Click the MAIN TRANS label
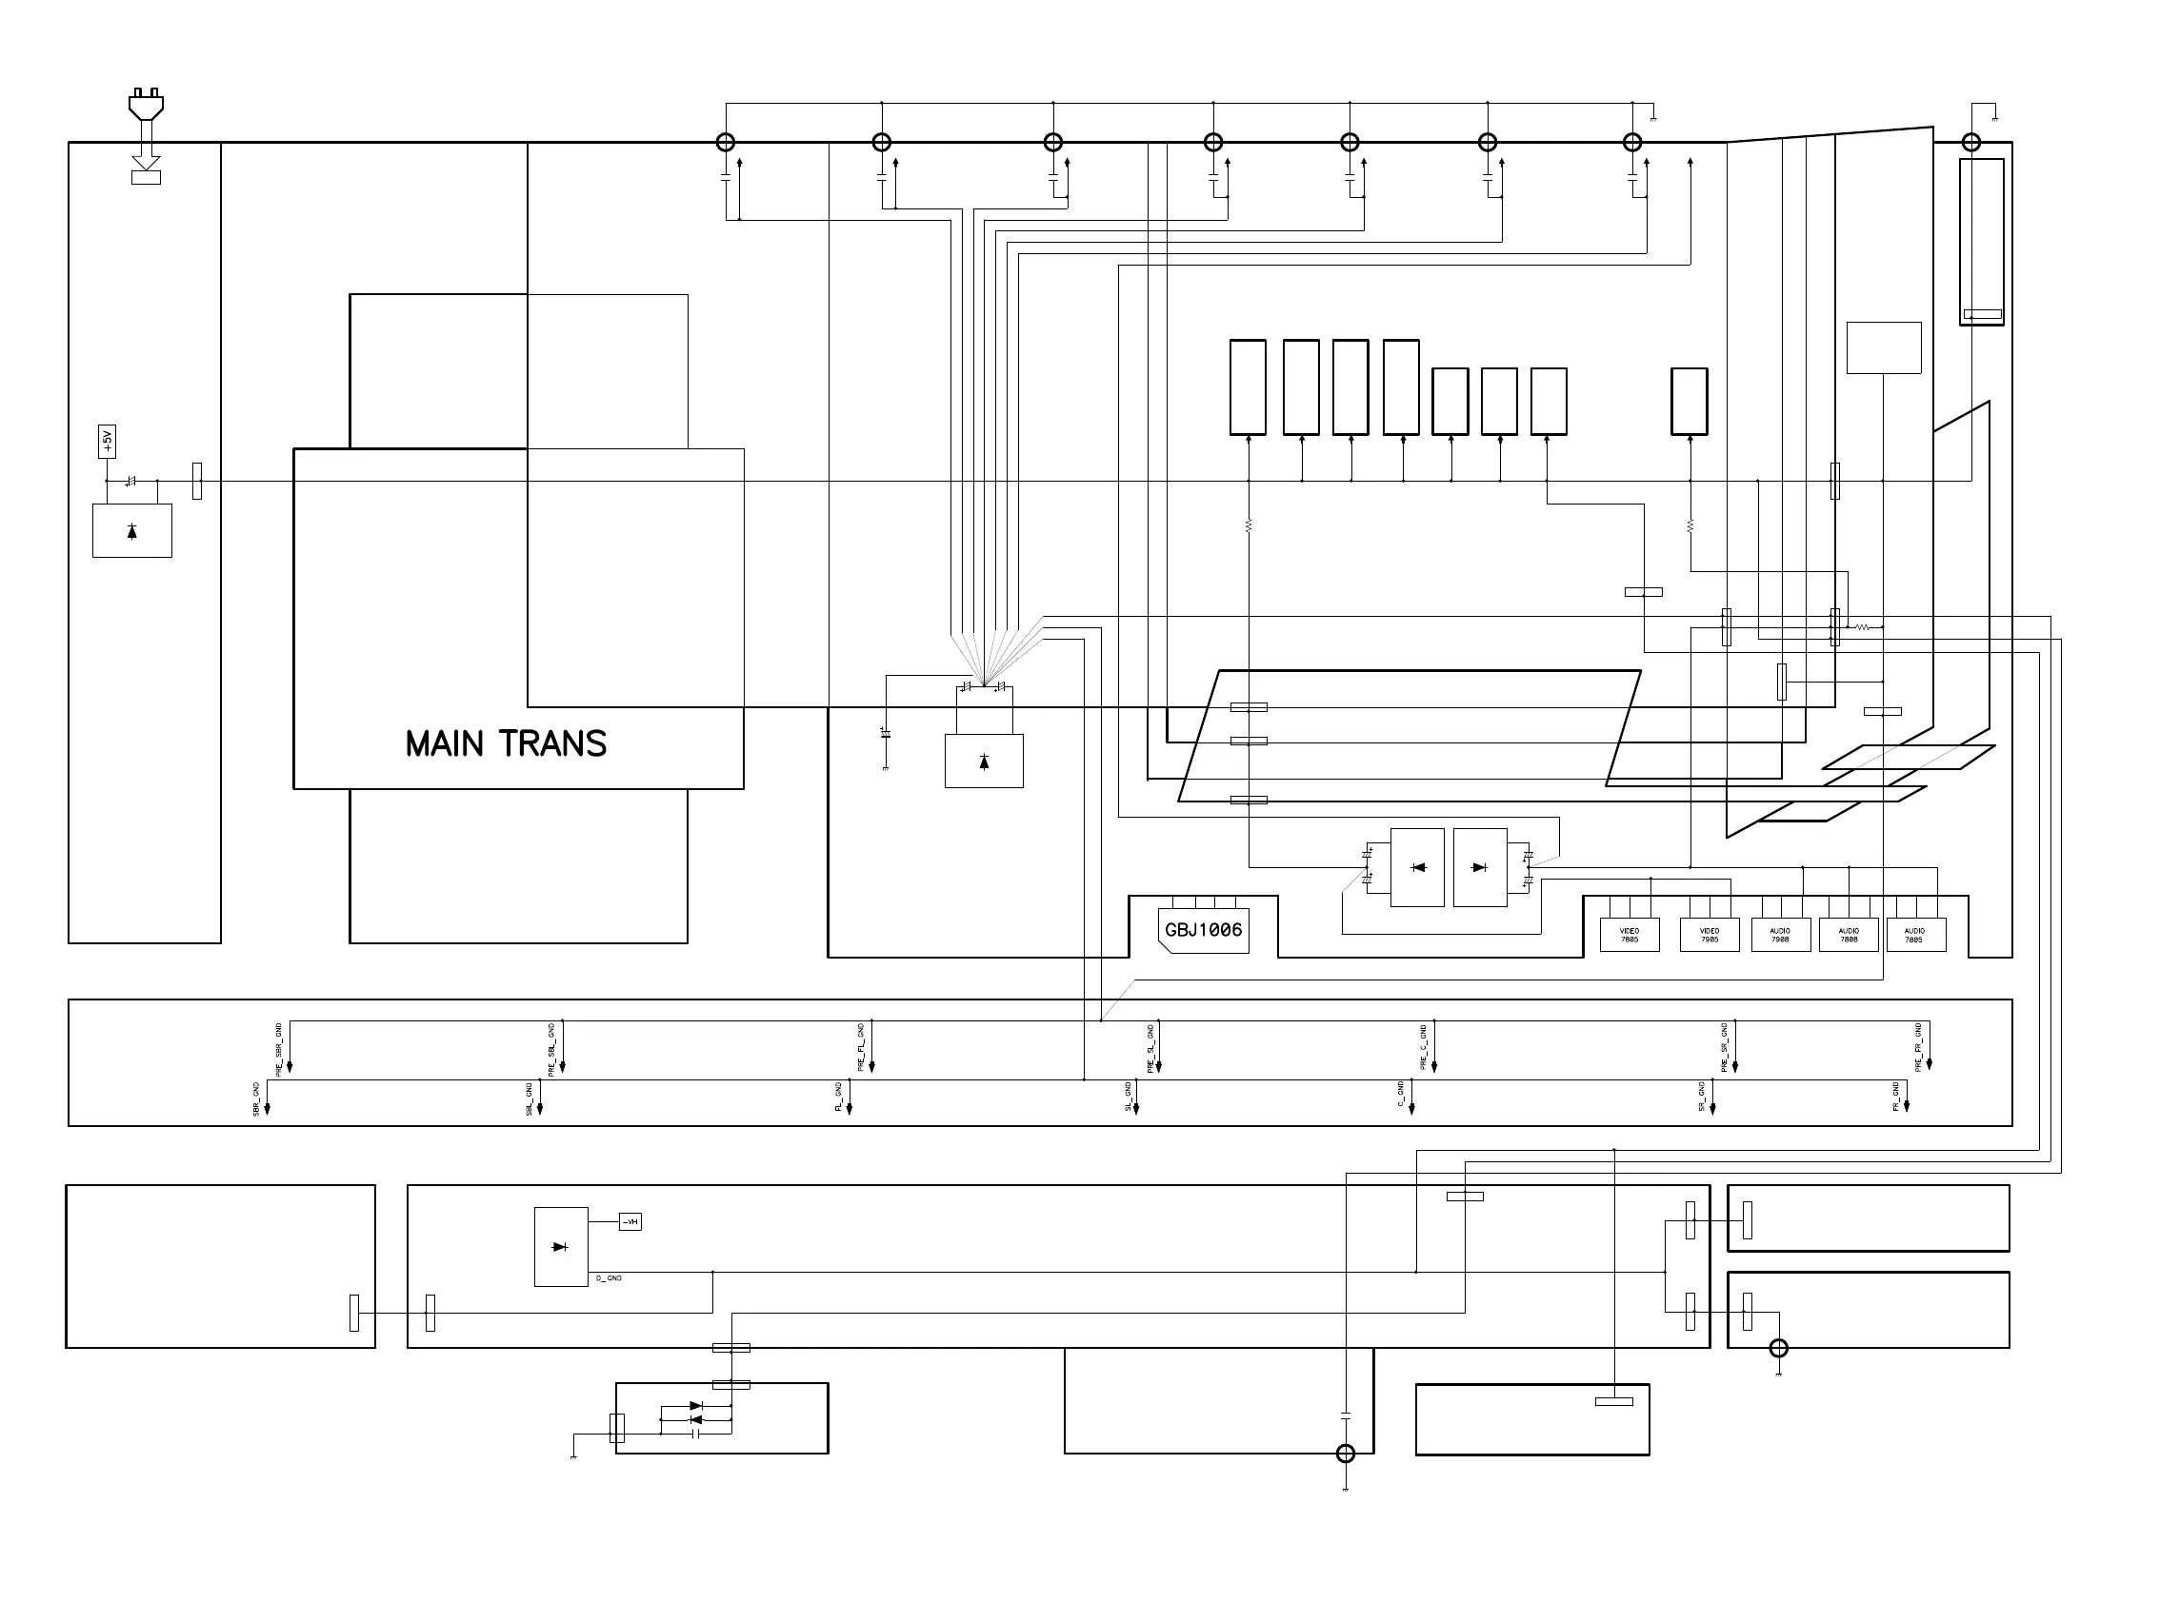pyautogui.click(x=506, y=744)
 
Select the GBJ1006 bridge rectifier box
pyautogui.click(x=1204, y=931)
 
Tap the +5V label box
pyautogui.click(x=107, y=441)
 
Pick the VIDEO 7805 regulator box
pyautogui.click(x=1629, y=935)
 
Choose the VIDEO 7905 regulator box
pyautogui.click(x=1709, y=935)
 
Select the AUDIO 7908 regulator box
pyautogui.click(x=1779, y=935)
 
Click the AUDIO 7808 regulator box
pyautogui.click(x=1849, y=935)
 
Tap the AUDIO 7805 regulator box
pyautogui.click(x=1914, y=935)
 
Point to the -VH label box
pyautogui.click(x=630, y=1221)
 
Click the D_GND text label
pyautogui.click(x=609, y=1279)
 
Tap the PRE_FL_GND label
pyautogui.click(x=861, y=1047)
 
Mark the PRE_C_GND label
pyautogui.click(x=1423, y=1047)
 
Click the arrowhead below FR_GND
pyautogui.click(x=1907, y=1106)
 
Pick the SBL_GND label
pyautogui.click(x=530, y=1098)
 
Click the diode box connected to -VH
pyautogui.click(x=560, y=1247)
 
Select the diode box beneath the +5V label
pyautogui.click(x=132, y=531)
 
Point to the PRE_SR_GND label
pyautogui.click(x=1724, y=1047)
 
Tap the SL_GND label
pyautogui.click(x=1128, y=1097)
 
